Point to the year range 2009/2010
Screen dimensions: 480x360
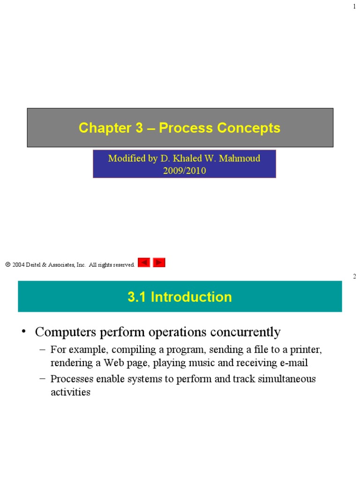184,171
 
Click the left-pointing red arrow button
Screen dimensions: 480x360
144,263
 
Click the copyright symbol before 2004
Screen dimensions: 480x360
8,265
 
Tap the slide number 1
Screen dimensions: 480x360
354,6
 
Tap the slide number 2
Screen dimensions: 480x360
354,277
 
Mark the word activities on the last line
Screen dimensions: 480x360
70,392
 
